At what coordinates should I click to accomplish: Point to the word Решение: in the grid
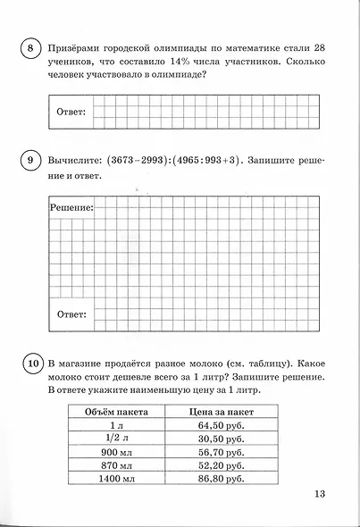click(71, 207)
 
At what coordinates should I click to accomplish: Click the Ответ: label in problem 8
click(71, 112)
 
